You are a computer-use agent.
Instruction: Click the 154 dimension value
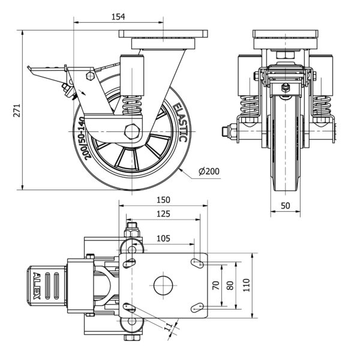click(118, 16)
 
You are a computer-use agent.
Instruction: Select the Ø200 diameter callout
click(209, 172)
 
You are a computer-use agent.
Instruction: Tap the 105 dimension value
click(163, 238)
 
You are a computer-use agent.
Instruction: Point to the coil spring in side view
click(131, 108)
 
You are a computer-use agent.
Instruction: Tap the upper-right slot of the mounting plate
click(197, 263)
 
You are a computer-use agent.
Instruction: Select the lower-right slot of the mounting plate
click(197, 307)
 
